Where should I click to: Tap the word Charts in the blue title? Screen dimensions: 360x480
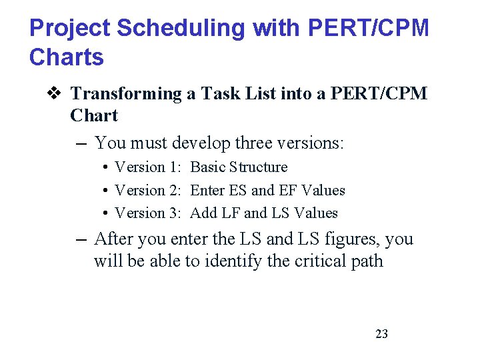(67, 57)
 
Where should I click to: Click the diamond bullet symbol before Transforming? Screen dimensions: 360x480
(55, 93)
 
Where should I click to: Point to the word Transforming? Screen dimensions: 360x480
(126, 94)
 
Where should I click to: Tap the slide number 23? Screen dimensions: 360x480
(381, 334)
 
